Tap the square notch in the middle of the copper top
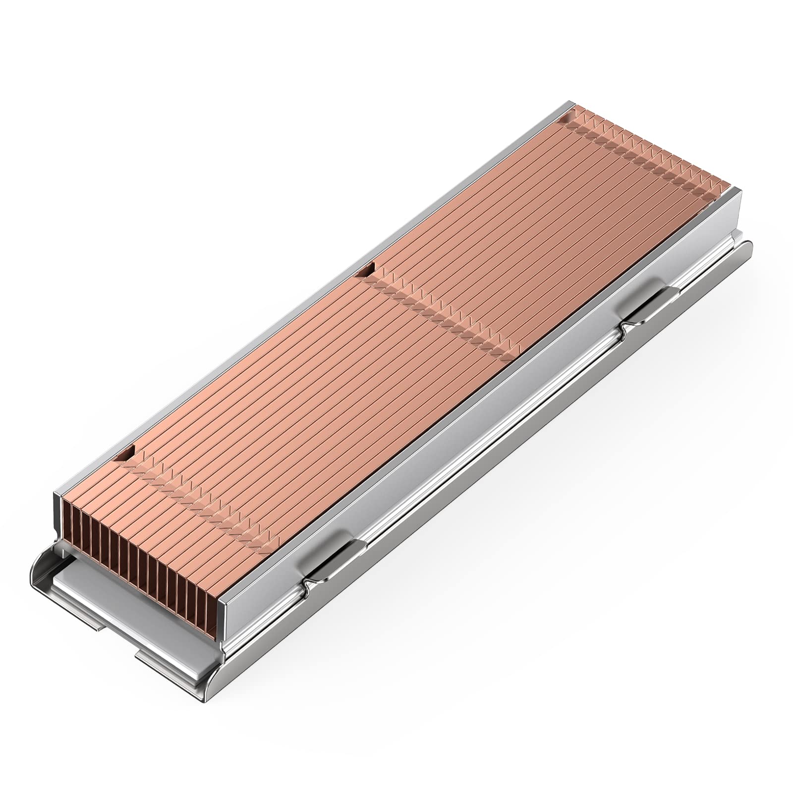367,271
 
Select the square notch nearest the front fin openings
128,452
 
